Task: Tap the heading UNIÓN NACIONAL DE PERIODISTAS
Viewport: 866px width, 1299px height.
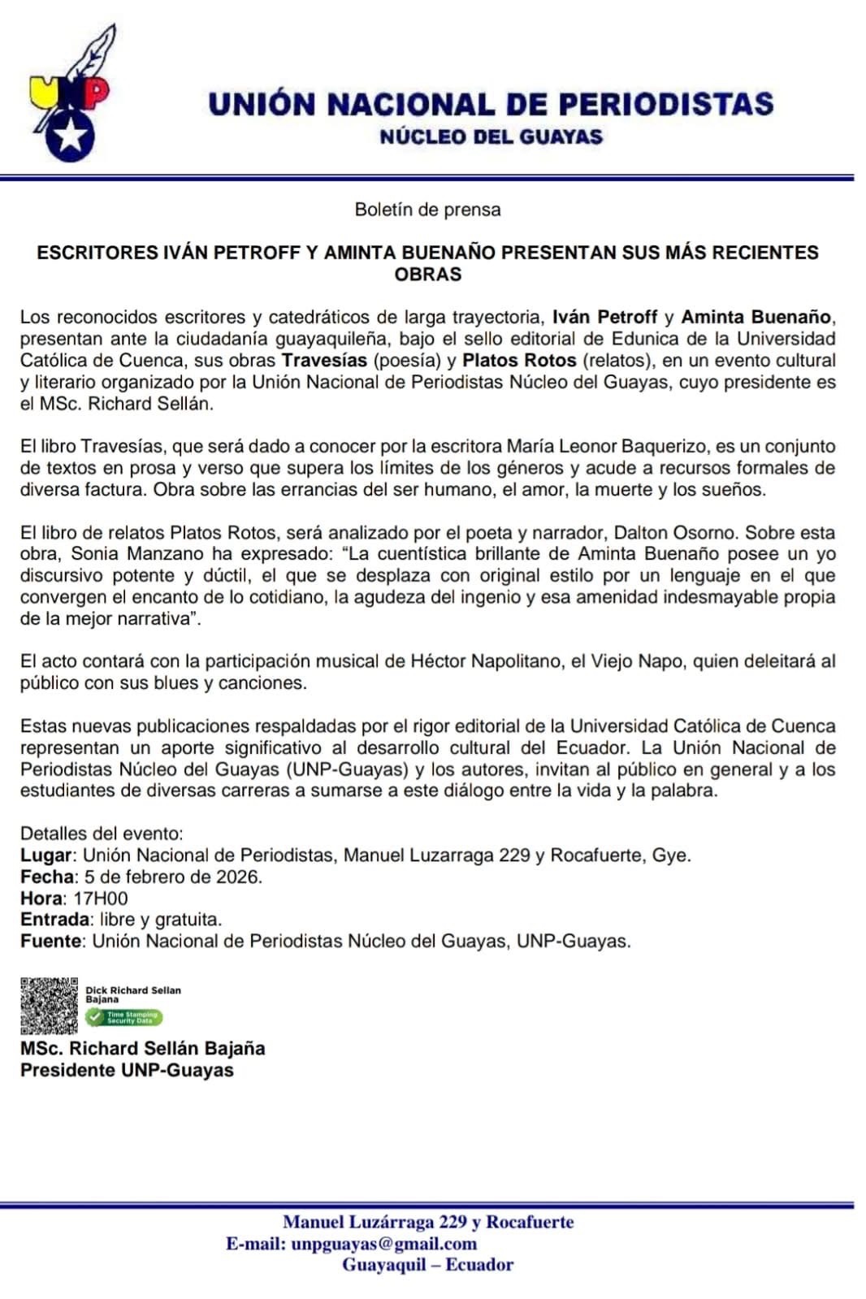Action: tap(491, 104)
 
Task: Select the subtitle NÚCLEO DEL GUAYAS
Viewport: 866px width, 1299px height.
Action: tap(491, 136)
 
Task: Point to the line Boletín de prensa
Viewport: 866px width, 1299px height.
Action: tap(427, 210)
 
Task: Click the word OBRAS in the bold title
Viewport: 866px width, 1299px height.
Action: tap(427, 275)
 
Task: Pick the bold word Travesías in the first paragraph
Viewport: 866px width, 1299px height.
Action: tap(323, 360)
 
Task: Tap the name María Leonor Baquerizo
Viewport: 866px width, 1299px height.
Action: tap(599, 446)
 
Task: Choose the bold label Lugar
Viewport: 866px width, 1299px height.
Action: tap(47, 855)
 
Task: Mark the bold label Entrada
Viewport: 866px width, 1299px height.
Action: tap(55, 920)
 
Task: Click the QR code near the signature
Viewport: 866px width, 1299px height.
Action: tap(50, 1006)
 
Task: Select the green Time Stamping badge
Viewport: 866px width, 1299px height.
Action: tap(124, 1016)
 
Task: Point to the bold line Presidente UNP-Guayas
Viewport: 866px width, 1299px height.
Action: tap(127, 1070)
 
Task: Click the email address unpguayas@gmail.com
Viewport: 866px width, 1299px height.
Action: tap(383, 1244)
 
